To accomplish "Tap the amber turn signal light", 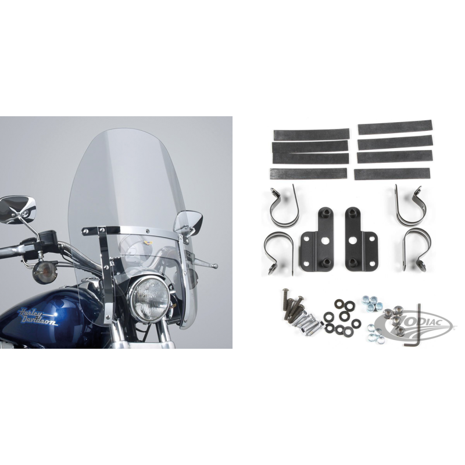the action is pos(40,270).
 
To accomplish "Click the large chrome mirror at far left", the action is pos(17,209).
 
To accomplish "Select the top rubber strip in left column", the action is pos(312,134).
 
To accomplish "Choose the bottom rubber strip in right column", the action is pos(392,174).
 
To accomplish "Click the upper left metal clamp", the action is pos(284,207).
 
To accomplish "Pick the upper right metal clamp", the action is pos(407,206).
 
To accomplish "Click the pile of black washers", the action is pos(340,318).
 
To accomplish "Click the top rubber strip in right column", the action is pos(395,127).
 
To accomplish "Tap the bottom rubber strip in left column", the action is pos(309,173).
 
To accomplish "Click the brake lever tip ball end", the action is pos(216,266).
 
